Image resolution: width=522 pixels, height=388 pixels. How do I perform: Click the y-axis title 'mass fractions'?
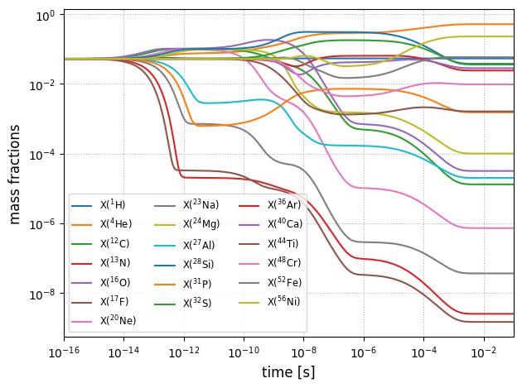pos(15,175)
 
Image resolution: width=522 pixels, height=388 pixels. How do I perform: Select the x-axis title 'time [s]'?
pos(288,372)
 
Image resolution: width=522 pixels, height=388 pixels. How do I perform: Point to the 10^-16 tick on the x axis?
pos(64,352)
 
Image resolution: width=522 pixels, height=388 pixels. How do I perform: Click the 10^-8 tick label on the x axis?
pos(303,352)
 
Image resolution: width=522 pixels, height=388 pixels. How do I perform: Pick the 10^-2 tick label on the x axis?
pos(483,352)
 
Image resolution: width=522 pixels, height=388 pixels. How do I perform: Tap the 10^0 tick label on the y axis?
pos(45,15)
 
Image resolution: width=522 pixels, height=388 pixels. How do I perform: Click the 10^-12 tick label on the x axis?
pos(183,352)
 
